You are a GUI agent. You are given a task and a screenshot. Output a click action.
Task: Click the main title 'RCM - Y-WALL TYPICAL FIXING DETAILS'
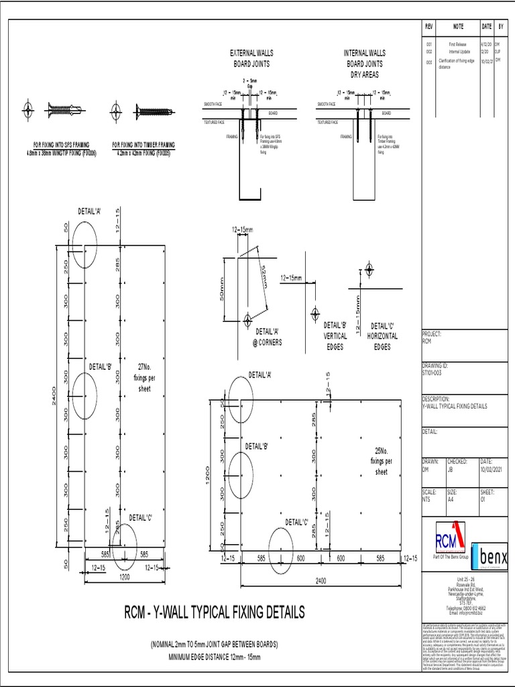[215, 612]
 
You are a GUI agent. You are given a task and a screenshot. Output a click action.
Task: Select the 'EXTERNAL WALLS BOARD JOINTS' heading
[251, 58]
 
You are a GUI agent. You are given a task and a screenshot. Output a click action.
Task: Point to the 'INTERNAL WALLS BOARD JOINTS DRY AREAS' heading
[364, 63]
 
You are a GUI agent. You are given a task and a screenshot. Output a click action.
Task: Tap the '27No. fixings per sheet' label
[144, 377]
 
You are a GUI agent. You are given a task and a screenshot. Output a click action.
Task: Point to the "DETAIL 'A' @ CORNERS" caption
[268, 336]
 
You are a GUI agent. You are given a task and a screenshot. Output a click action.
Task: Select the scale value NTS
[426, 499]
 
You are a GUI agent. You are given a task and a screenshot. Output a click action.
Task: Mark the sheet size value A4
[451, 499]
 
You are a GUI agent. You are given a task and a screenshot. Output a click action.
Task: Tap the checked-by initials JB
[450, 470]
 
